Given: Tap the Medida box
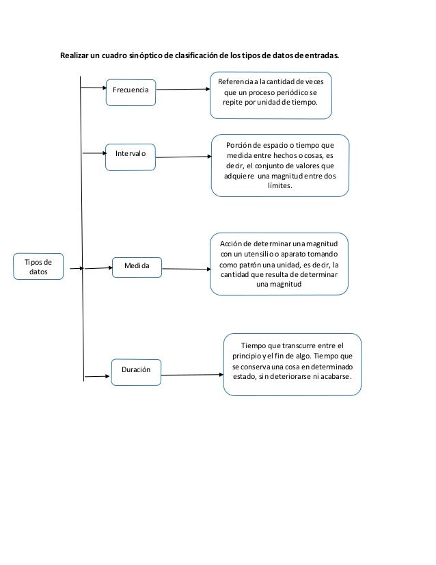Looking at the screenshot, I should tap(137, 265).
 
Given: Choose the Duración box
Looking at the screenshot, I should tap(137, 370).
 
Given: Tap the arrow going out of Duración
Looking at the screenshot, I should tap(193, 374).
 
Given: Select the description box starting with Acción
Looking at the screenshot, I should tap(282, 264).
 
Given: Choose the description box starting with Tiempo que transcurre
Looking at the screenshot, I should tap(292, 364).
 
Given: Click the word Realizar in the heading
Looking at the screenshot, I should tap(76, 55).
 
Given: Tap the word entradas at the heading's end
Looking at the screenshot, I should tap(321, 55).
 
